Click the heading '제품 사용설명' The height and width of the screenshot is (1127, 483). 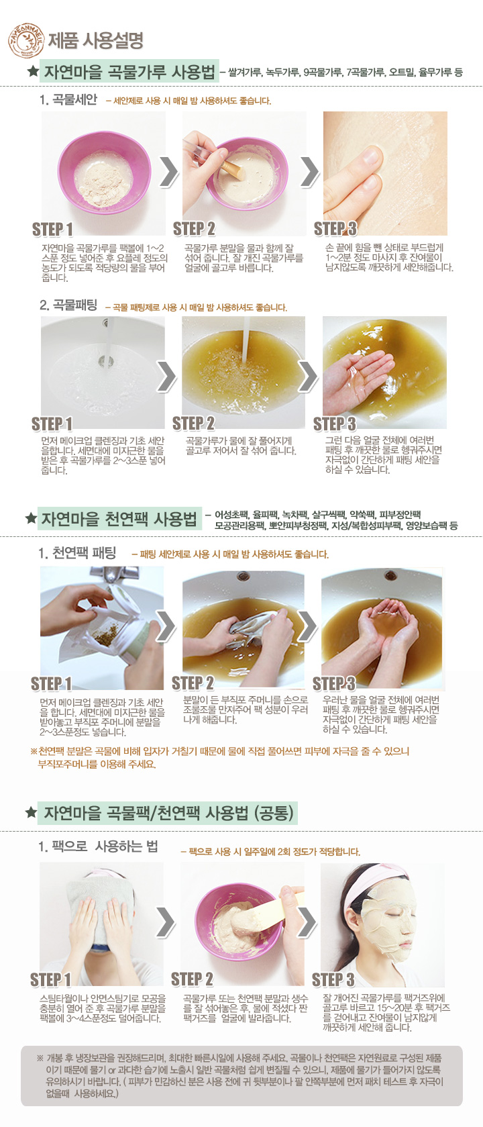[x=95, y=41]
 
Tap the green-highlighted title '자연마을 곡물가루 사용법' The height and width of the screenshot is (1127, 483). [x=129, y=72]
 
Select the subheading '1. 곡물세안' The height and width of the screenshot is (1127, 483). [x=68, y=99]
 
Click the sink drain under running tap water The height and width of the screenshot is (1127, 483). [x=105, y=360]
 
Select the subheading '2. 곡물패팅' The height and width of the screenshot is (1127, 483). [x=68, y=305]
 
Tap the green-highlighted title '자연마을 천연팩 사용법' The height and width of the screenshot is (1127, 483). [x=119, y=519]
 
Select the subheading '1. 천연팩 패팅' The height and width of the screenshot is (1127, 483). [x=77, y=554]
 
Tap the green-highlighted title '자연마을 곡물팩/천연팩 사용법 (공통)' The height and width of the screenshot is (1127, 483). [x=167, y=813]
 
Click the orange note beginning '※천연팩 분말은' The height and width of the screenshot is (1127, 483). [x=219, y=758]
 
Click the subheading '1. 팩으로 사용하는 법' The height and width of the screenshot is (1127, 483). [x=98, y=846]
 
